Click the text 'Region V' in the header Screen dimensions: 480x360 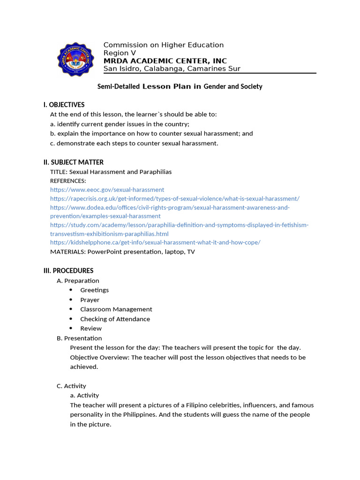coord(120,53)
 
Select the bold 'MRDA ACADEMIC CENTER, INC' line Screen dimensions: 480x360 coord(165,61)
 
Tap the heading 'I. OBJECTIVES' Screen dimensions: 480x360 coord(64,105)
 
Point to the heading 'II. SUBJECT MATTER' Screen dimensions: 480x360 coord(74,162)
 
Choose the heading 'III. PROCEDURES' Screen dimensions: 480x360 coord(68,270)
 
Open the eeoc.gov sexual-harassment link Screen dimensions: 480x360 coord(107,190)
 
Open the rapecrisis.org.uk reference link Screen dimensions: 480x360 coord(174,199)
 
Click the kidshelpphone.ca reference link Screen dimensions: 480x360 coord(155,242)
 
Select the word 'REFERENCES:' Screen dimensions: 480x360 coord(68,181)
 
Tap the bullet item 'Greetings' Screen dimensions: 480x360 coord(94,290)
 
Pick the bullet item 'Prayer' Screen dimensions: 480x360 coord(90,300)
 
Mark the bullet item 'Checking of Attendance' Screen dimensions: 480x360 coord(115,319)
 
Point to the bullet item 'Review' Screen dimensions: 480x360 coord(90,329)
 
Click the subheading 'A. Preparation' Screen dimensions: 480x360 coord(78,281)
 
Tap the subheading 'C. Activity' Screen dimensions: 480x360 coord(71,386)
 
